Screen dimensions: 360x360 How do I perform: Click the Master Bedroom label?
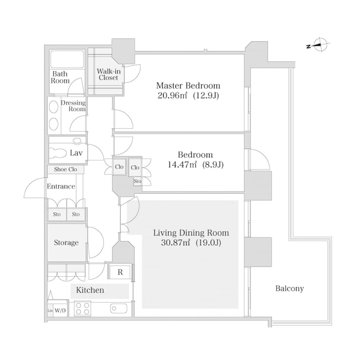(188, 86)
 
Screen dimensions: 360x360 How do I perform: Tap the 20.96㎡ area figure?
(172, 96)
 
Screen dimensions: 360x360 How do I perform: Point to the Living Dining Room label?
(191, 233)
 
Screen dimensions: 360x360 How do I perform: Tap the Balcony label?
(289, 288)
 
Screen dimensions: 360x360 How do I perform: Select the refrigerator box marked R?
(120, 272)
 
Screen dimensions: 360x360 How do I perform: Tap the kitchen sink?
(118, 309)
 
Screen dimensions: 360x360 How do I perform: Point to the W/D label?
(60, 311)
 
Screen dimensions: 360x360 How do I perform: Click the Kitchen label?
(90, 290)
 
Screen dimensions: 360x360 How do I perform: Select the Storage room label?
(66, 243)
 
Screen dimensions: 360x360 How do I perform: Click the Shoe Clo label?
(65, 169)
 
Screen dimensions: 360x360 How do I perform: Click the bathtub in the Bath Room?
(67, 59)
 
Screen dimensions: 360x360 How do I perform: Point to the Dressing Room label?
(73, 106)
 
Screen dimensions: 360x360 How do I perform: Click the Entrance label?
(61, 186)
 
